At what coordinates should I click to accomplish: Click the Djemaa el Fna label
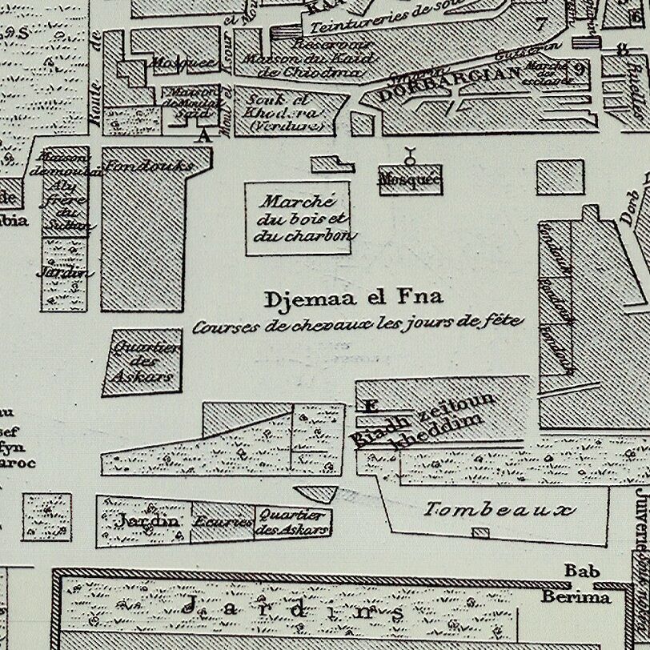(353, 299)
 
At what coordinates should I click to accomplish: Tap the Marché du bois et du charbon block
(298, 219)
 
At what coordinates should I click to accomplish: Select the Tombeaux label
(500, 509)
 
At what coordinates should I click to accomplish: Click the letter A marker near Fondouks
(204, 136)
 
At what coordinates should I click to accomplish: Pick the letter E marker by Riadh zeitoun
(370, 406)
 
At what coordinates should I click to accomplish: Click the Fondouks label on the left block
(159, 167)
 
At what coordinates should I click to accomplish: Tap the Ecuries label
(223, 521)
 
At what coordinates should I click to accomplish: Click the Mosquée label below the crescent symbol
(409, 181)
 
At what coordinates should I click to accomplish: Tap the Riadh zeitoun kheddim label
(424, 423)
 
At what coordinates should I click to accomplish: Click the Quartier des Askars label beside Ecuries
(291, 522)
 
